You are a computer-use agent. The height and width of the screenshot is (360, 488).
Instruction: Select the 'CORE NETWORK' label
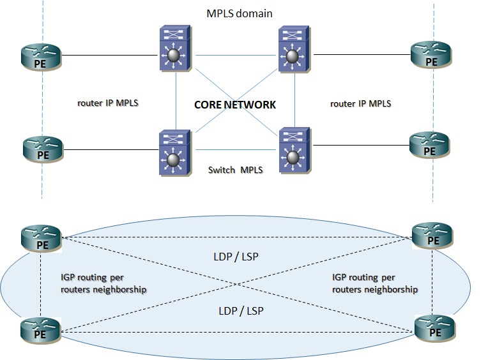point(235,105)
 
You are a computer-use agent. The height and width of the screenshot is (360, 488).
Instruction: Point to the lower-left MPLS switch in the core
point(174,153)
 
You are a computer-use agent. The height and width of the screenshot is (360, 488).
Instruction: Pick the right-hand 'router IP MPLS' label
point(361,103)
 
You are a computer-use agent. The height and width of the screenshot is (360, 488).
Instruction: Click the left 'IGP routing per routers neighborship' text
point(103,283)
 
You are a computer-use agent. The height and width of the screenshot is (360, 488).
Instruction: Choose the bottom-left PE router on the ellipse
point(42,331)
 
